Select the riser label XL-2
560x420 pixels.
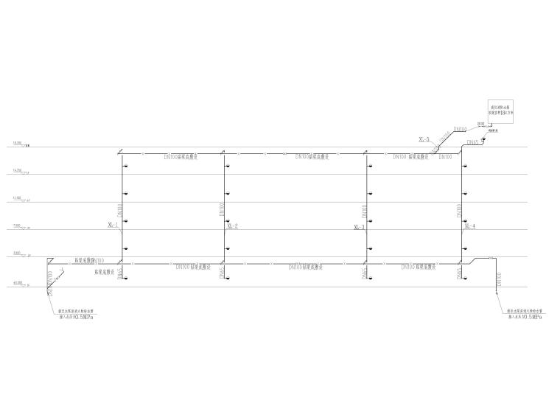[x=232, y=225]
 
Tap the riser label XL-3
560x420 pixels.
[x=360, y=226]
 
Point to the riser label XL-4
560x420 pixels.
[x=470, y=225]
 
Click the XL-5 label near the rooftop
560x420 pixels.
[x=424, y=138]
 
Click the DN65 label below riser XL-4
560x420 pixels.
[x=459, y=273]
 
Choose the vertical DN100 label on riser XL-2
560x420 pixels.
[x=222, y=210]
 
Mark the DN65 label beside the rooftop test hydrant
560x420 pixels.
[x=472, y=141]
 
